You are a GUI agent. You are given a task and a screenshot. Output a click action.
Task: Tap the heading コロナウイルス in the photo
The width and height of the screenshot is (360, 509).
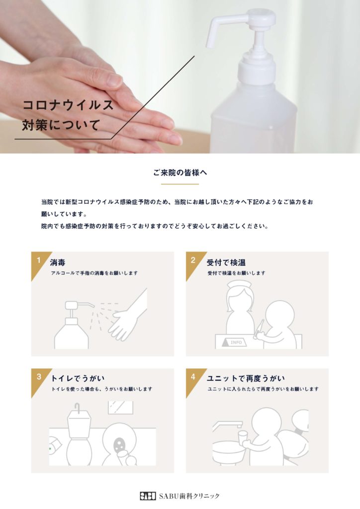point(68,105)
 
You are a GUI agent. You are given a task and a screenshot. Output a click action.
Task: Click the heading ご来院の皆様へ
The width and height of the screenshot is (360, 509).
point(180,172)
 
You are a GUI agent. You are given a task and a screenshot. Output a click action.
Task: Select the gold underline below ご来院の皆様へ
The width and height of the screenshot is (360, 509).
point(180,184)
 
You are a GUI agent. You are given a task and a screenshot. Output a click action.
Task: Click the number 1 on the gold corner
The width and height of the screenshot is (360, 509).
point(39,260)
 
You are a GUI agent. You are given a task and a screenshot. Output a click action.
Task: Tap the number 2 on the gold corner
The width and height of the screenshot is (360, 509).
point(193,260)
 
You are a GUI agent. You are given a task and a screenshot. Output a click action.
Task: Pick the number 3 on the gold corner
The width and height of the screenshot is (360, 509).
point(39,377)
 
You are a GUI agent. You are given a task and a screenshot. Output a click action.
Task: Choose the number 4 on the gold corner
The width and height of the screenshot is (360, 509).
point(193,377)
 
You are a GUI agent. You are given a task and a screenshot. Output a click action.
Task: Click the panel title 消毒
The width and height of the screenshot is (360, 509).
point(58,262)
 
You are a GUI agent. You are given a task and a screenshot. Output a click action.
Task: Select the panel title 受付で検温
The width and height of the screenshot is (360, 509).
point(226,262)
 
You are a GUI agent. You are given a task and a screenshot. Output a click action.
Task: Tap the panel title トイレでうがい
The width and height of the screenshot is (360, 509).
point(78,378)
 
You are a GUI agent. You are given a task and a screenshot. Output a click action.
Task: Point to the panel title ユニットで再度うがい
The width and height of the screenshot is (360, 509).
point(246,378)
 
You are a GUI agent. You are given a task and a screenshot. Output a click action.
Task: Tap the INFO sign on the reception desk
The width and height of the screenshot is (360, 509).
point(234,342)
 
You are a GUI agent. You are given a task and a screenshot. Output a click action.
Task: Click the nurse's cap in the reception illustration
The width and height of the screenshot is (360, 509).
point(239,285)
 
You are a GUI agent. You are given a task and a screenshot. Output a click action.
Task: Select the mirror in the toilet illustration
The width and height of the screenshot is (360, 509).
point(120,408)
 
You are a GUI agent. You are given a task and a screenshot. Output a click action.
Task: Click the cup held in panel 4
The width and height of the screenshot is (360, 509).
point(242,437)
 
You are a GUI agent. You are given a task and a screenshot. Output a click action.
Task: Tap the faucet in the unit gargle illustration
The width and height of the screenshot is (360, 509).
point(227,425)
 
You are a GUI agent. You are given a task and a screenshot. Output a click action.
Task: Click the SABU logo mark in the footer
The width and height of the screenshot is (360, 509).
point(148,496)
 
